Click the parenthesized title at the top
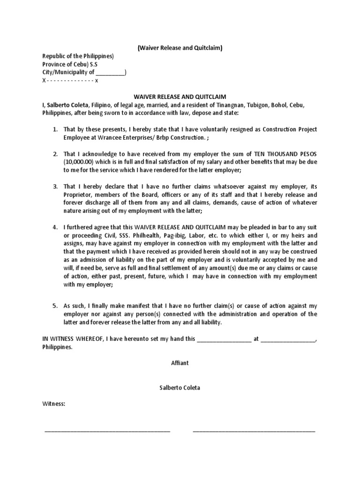point(180,47)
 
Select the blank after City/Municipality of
point(110,72)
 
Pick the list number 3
point(55,187)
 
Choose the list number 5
point(55,306)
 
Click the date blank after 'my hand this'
point(224,339)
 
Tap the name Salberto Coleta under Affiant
point(180,388)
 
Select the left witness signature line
point(107,429)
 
